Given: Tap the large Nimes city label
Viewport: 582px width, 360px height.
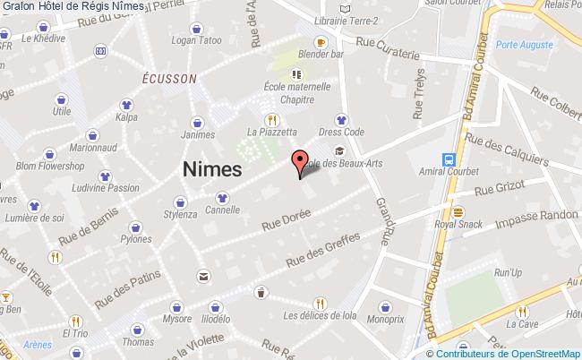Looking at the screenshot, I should click(211, 168).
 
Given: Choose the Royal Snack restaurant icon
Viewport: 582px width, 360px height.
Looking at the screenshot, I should click(458, 212).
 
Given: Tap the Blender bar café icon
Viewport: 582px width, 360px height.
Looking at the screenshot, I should click(320, 42).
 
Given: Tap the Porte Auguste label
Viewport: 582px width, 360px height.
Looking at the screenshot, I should click(522, 45).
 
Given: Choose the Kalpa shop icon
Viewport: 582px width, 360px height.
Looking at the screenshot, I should click(125, 103).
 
